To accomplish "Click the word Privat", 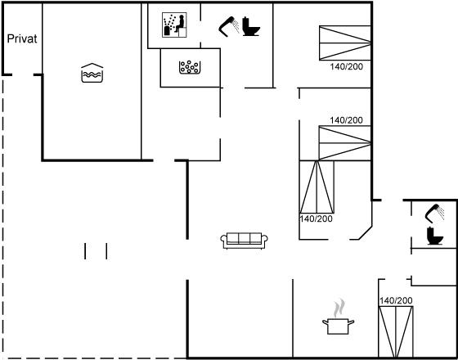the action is [22, 39].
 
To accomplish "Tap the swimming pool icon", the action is [92, 73].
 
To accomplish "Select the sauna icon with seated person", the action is [174, 25].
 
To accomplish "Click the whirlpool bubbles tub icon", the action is [190, 67].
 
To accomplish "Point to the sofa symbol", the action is [245, 241].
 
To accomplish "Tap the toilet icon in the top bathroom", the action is [250, 26].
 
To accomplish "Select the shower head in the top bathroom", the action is [229, 26].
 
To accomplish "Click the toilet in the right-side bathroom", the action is [435, 236].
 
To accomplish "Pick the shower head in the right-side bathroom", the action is [434, 214].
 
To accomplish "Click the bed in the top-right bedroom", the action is [345, 43].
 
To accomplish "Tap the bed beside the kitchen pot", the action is [396, 331].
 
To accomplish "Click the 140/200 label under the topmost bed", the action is [347, 67].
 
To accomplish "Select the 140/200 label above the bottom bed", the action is [396, 300].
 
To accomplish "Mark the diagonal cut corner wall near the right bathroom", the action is [366, 232].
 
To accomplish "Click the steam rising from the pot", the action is [339, 308].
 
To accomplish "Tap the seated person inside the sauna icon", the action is [180, 24].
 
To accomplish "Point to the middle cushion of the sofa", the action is [245, 238].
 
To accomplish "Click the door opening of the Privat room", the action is [23, 75].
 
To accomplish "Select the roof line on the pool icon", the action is [92, 65].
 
